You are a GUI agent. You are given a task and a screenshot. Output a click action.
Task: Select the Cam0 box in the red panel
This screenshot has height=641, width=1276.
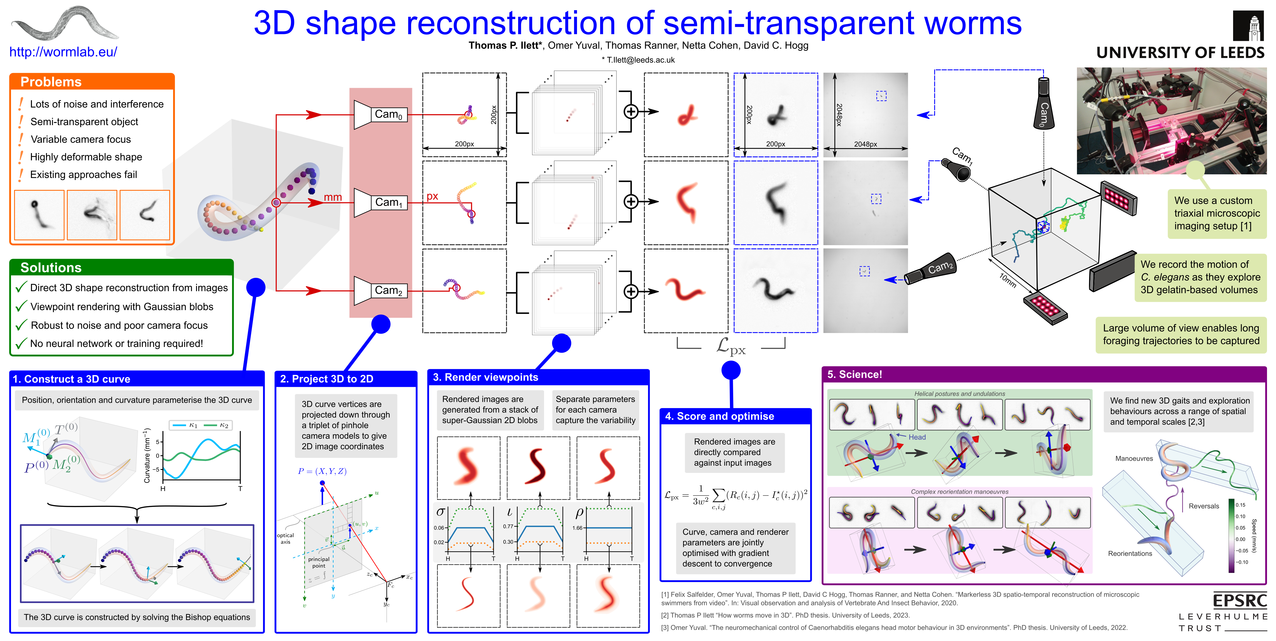(x=388, y=114)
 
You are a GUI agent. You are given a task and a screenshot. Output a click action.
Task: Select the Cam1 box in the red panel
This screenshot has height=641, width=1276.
(x=388, y=202)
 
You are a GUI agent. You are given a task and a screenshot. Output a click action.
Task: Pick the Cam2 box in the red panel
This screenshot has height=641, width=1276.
(x=388, y=290)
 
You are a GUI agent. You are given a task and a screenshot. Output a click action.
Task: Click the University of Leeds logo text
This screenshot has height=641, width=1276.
(x=1180, y=53)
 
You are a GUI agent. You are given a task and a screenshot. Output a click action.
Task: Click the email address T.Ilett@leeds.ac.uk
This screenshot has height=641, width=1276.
(x=638, y=60)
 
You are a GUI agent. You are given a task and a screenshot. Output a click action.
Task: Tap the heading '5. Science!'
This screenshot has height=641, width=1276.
(x=854, y=374)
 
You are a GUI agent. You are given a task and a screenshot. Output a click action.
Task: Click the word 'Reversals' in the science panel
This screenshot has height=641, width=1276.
(x=1204, y=506)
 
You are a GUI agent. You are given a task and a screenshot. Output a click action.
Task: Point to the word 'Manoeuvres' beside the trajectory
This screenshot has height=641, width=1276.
(x=1134, y=458)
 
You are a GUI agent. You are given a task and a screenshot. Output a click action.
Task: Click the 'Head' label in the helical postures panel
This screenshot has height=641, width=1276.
(x=917, y=437)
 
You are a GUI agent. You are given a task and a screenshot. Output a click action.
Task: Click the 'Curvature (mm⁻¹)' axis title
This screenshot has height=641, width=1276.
(x=147, y=456)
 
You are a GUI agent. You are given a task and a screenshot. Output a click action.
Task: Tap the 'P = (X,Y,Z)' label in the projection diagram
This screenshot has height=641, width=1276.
(x=322, y=471)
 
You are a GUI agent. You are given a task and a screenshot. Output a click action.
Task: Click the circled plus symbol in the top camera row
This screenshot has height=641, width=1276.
(x=631, y=111)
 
